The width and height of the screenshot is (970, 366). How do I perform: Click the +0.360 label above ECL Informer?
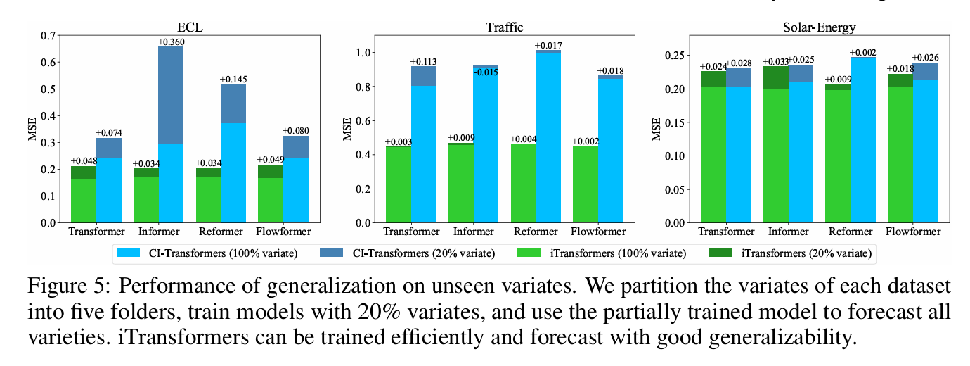[x=171, y=42]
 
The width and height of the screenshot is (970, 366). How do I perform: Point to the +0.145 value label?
[x=233, y=80]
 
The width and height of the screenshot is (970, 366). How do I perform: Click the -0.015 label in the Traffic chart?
[x=485, y=72]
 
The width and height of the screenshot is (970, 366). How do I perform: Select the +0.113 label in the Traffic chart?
[x=424, y=61]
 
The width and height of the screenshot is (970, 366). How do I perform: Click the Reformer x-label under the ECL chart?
[x=221, y=232]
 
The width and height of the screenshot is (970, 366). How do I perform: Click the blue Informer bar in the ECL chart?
[x=171, y=182]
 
